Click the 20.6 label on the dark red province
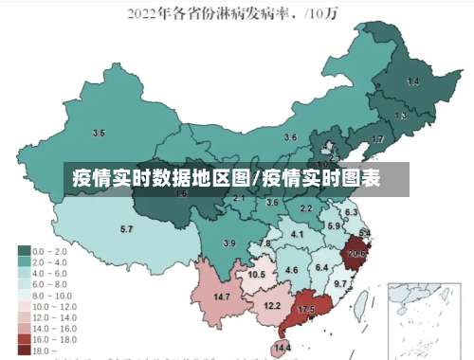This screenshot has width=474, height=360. (356, 254)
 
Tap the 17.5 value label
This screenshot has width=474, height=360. (306, 310)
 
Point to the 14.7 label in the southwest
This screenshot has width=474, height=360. (222, 297)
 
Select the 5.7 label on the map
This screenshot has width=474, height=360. (126, 229)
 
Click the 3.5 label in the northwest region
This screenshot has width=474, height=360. (99, 133)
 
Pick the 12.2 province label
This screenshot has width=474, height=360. (272, 305)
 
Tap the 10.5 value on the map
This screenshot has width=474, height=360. (257, 274)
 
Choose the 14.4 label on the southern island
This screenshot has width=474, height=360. (282, 349)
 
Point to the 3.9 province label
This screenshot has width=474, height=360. (228, 243)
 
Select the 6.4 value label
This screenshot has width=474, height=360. (321, 267)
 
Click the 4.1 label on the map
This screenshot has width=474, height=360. (297, 234)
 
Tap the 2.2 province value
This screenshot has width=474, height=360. (305, 207)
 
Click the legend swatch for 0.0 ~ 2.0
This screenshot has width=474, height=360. (23, 250)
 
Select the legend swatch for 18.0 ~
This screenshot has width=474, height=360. (23, 350)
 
